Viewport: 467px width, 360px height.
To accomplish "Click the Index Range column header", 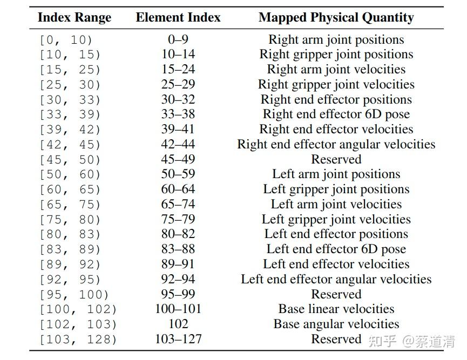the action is click(75, 18).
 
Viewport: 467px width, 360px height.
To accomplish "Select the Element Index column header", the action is click(178, 17).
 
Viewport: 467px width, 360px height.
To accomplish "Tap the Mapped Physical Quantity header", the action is click(336, 18).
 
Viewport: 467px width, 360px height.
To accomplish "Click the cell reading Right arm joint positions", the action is click(336, 40).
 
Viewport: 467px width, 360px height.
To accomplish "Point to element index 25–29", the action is click(178, 84).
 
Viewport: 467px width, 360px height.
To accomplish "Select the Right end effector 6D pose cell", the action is click(336, 114).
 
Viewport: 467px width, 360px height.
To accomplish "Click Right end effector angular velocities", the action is click(336, 145).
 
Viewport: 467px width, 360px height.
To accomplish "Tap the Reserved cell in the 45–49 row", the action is click(336, 159).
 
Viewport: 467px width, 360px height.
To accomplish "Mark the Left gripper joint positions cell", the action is click(336, 189).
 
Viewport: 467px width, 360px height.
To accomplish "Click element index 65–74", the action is click(178, 204).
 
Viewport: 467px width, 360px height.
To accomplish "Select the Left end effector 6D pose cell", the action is click(336, 249).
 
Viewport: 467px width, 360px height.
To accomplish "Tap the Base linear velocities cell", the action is click(336, 309).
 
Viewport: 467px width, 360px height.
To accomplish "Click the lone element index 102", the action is click(178, 324).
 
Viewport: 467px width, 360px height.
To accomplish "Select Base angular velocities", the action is click(336, 324).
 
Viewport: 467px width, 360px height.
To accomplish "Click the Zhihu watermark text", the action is click(411, 341).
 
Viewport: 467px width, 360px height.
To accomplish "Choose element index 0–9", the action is click(178, 39).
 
